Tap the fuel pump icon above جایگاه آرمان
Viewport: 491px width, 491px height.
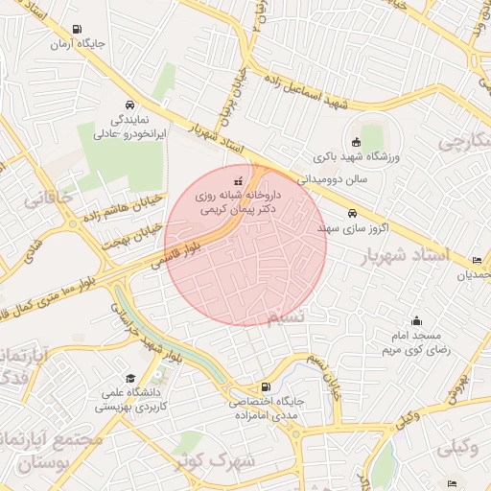(x=76, y=29)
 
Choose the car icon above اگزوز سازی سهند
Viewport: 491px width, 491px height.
(x=352, y=213)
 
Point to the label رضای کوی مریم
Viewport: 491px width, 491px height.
(x=419, y=350)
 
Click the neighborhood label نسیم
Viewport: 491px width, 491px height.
(x=288, y=316)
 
